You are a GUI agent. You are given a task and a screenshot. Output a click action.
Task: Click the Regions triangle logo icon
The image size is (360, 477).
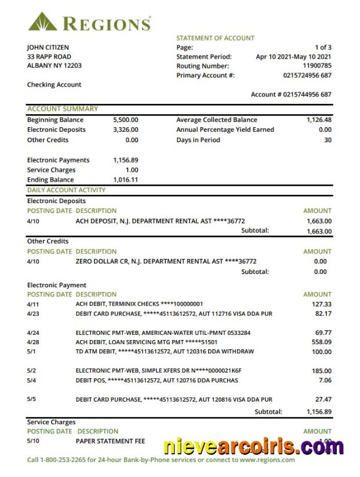tap(42, 22)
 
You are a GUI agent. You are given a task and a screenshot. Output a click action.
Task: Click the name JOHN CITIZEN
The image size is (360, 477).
tap(48, 47)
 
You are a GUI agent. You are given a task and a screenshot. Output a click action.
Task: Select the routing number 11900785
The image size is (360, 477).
tap(317, 66)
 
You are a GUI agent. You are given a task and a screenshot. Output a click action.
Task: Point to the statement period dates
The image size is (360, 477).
tap(293, 57)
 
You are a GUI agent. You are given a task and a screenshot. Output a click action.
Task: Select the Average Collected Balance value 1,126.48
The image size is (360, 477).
tap(319, 120)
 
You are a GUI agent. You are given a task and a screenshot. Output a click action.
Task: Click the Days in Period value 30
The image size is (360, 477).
tap(328, 140)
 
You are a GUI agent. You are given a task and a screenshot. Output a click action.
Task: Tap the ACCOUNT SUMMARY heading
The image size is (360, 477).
tap(63, 109)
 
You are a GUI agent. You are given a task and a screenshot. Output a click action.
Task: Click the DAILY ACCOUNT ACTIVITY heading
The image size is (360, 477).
tap(66, 190)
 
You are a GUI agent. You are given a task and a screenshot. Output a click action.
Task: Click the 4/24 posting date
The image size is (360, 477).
tap(34, 333)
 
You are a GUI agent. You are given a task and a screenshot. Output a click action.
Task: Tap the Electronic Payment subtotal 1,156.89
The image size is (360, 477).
tap(319, 411)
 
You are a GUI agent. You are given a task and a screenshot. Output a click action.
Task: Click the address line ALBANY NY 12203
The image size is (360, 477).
tap(54, 66)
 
